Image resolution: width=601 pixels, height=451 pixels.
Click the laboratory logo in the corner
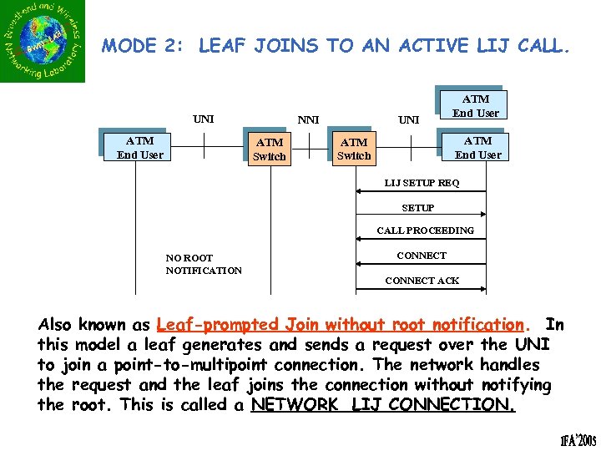click(x=43, y=42)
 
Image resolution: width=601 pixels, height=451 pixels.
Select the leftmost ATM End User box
click(x=139, y=148)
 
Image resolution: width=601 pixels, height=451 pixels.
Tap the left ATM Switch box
click(x=269, y=149)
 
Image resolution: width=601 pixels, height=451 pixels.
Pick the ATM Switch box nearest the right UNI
click(x=353, y=149)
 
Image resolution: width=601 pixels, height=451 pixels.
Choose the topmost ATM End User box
click(x=476, y=106)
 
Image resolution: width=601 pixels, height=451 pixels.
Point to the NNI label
click(x=308, y=120)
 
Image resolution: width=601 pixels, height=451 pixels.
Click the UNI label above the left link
click(x=203, y=119)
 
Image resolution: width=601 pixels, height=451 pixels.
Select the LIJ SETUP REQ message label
click(x=422, y=183)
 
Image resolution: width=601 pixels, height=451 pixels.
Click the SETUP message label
click(x=417, y=208)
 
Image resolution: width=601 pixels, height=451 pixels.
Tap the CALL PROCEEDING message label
click(x=425, y=231)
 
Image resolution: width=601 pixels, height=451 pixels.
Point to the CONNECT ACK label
click(x=422, y=281)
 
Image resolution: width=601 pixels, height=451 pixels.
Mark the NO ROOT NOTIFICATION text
click(x=203, y=264)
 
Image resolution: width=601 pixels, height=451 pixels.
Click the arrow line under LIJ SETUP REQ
click(x=421, y=192)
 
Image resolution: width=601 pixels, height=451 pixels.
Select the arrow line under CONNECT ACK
click(x=421, y=290)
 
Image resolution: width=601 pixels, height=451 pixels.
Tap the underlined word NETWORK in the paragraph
click(x=297, y=405)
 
